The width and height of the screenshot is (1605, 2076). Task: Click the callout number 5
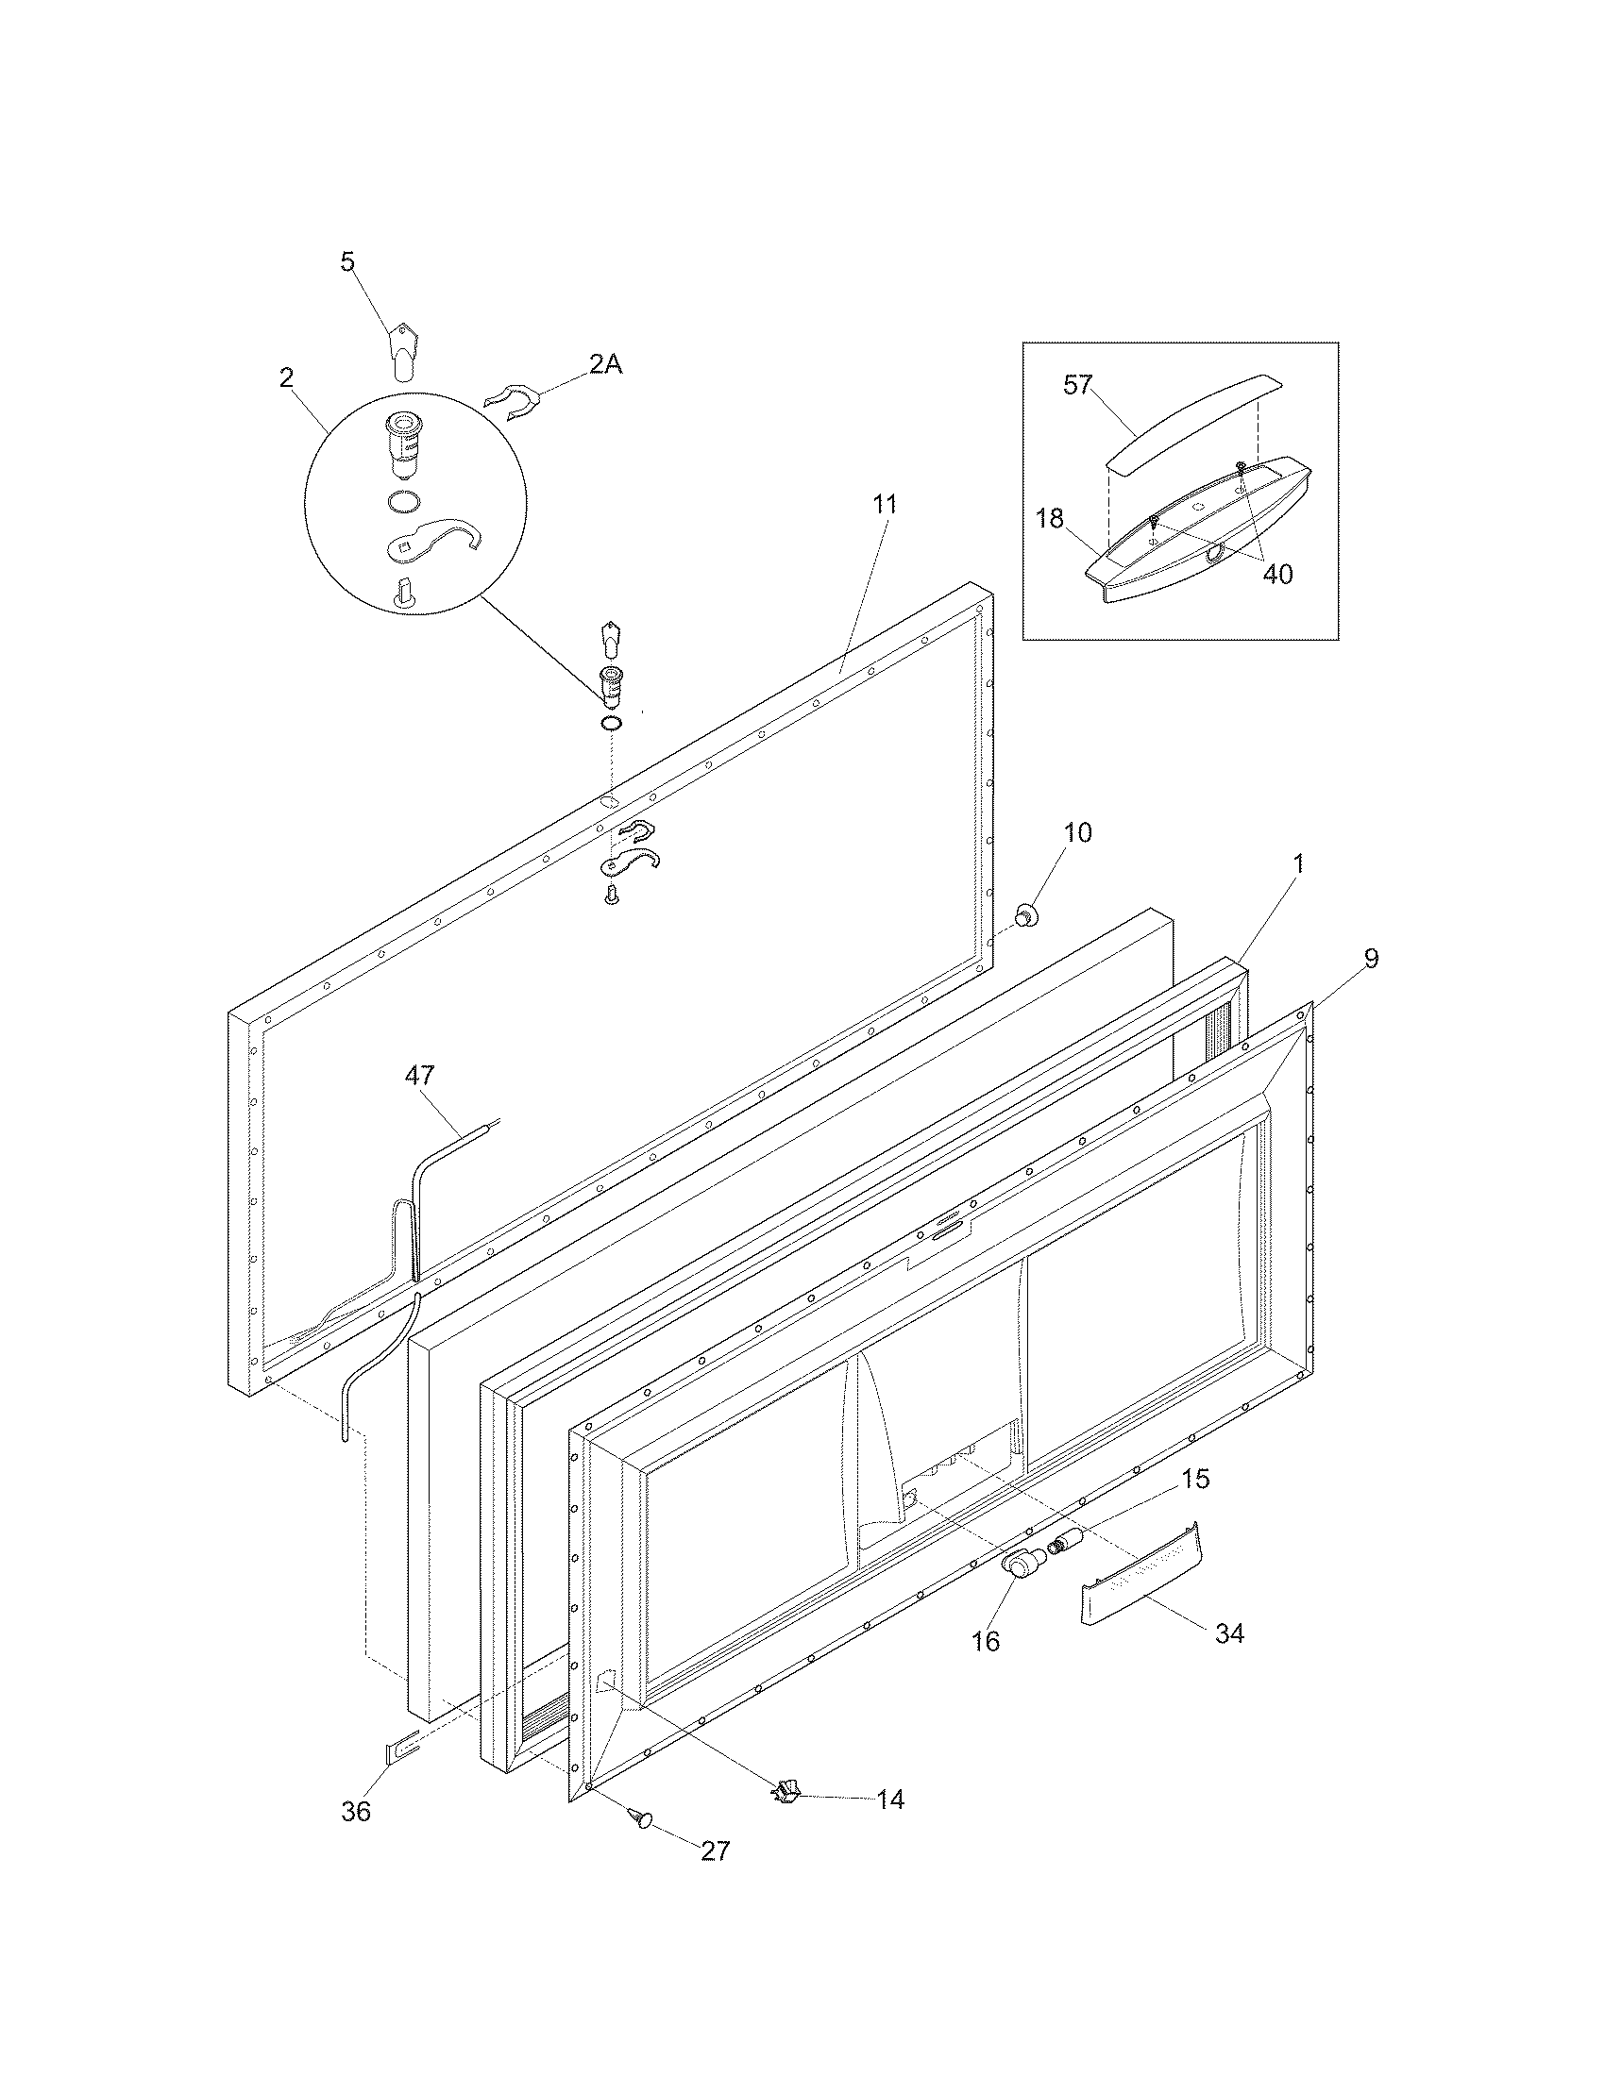click(348, 261)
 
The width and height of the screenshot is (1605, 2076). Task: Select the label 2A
click(605, 364)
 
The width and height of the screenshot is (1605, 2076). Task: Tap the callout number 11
click(885, 504)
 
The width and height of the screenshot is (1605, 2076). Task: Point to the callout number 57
click(1078, 385)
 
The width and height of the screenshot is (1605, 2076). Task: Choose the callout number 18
click(1050, 520)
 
